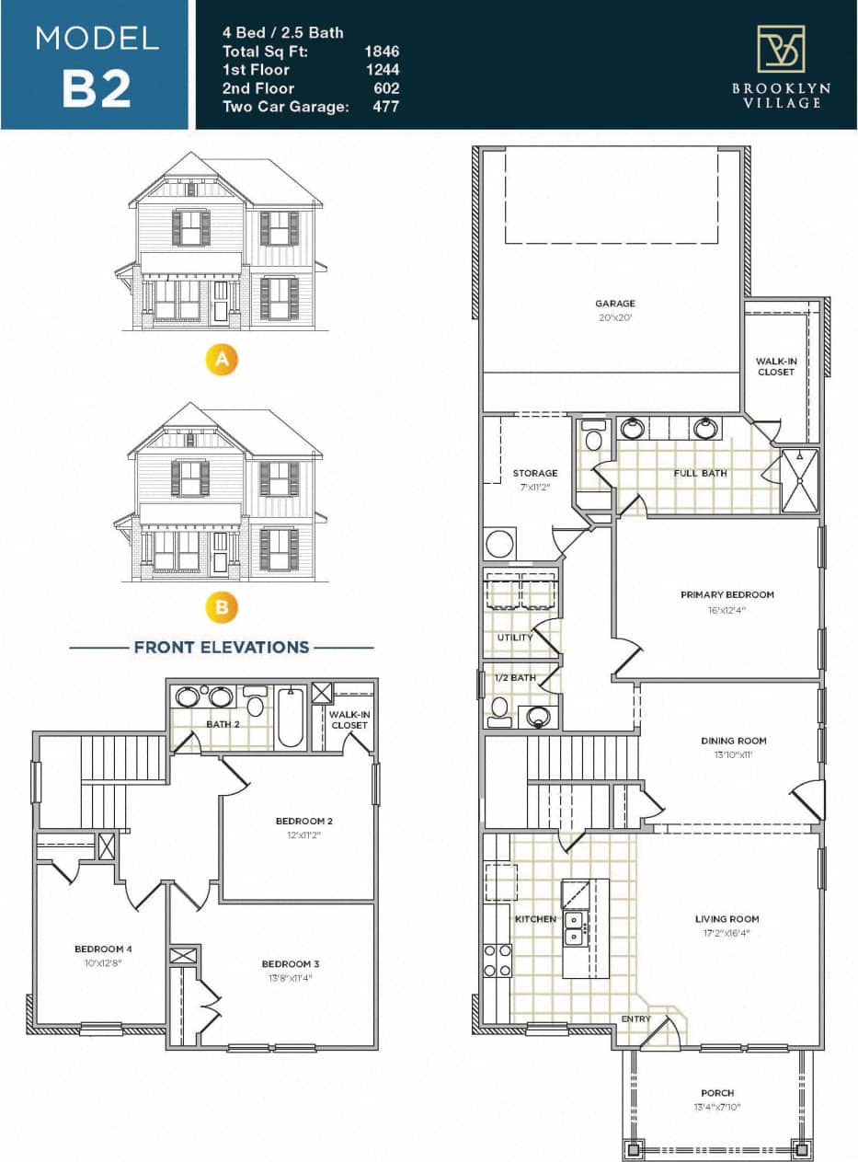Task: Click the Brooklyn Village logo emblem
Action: click(780, 49)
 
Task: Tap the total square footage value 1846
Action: click(382, 52)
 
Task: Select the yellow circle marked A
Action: click(222, 360)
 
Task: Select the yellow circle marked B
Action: click(222, 607)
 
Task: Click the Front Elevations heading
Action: click(222, 647)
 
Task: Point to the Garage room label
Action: click(614, 304)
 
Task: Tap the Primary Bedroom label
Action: click(726, 594)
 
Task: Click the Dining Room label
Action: click(733, 741)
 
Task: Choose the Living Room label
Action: click(726, 918)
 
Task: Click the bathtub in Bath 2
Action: click(291, 719)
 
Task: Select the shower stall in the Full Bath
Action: click(799, 479)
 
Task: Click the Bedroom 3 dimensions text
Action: click(290, 978)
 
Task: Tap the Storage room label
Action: click(535, 473)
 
